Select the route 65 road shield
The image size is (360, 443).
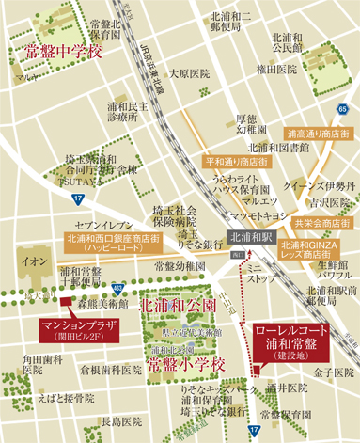(343, 109)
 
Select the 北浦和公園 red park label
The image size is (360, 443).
(171, 306)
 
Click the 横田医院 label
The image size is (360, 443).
(277, 70)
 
